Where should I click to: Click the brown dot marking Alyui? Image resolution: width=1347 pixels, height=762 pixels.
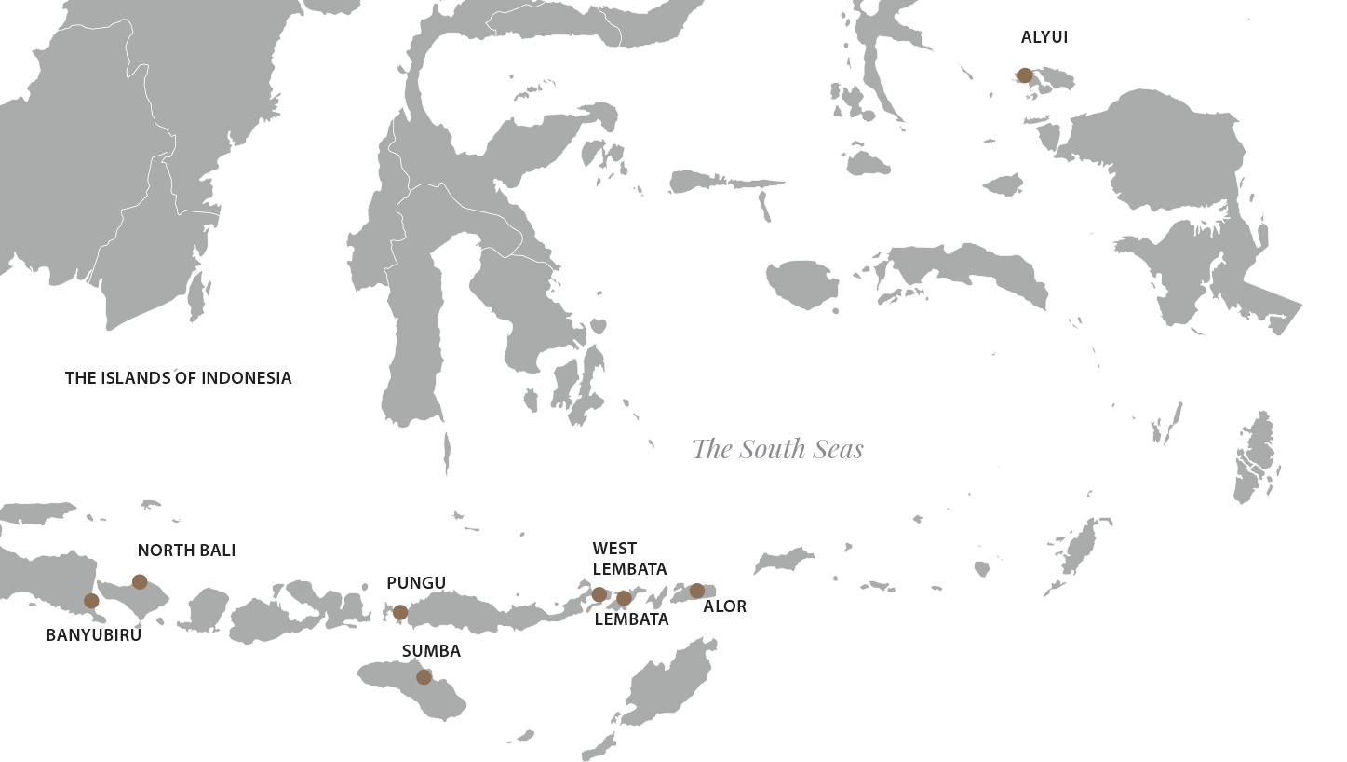[x=1025, y=75]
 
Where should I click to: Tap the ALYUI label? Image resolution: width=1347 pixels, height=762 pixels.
[x=1044, y=37]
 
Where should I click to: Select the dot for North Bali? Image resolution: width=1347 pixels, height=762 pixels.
[x=140, y=582]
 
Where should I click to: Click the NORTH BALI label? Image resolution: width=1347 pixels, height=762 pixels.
[x=186, y=551]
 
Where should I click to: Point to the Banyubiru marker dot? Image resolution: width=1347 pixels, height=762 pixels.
[x=91, y=601]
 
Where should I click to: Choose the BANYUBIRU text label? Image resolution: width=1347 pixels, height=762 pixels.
[x=93, y=635]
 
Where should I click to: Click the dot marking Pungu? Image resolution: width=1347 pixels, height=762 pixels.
[x=400, y=612]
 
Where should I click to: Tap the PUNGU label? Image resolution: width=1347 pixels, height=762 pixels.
[x=416, y=583]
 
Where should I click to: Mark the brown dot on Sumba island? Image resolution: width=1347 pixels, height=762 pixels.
[x=424, y=677]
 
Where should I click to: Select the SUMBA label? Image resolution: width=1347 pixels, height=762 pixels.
[x=431, y=651]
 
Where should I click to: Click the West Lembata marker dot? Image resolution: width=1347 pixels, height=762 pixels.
[x=599, y=594]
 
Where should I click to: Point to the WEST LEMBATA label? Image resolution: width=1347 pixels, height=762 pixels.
[x=629, y=559]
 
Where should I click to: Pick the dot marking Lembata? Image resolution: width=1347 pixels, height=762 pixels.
[x=624, y=598]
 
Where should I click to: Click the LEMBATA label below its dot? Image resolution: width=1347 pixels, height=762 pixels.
[x=631, y=619]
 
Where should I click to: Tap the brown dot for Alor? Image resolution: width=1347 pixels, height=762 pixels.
[x=697, y=591]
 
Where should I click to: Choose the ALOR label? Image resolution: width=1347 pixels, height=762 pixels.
[x=724, y=606]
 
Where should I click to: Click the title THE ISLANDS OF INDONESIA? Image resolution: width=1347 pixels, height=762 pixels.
[x=178, y=378]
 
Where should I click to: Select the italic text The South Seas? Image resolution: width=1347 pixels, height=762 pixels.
[x=777, y=449]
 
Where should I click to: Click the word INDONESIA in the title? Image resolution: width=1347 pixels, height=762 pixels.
[x=246, y=378]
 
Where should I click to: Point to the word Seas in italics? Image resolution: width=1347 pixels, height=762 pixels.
[x=839, y=449]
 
